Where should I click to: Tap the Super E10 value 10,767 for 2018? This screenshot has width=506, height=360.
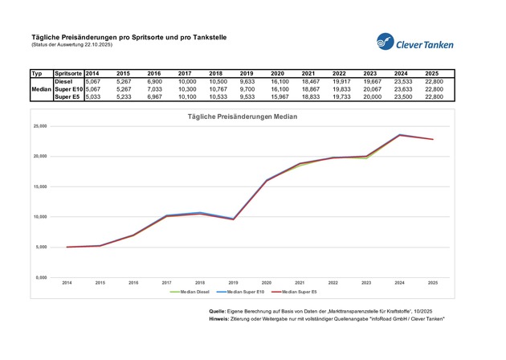click(x=220, y=89)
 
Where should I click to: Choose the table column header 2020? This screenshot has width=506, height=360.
click(x=277, y=73)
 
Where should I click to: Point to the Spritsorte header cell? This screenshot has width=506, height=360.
click(x=67, y=73)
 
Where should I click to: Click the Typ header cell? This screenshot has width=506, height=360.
click(x=36, y=73)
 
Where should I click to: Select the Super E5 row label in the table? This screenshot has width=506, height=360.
click(x=67, y=96)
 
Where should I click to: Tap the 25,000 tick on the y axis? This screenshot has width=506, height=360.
click(x=39, y=126)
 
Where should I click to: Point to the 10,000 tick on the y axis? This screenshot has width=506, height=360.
click(x=39, y=217)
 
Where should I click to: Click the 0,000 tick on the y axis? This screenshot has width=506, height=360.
click(x=41, y=277)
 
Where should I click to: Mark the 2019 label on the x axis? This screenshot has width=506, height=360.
click(x=233, y=283)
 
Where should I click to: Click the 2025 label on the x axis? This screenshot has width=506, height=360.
click(x=432, y=283)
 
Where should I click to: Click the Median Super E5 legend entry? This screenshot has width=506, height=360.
click(x=299, y=292)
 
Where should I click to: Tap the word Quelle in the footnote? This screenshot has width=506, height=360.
click(x=217, y=310)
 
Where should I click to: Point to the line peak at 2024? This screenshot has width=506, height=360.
click(x=399, y=135)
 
